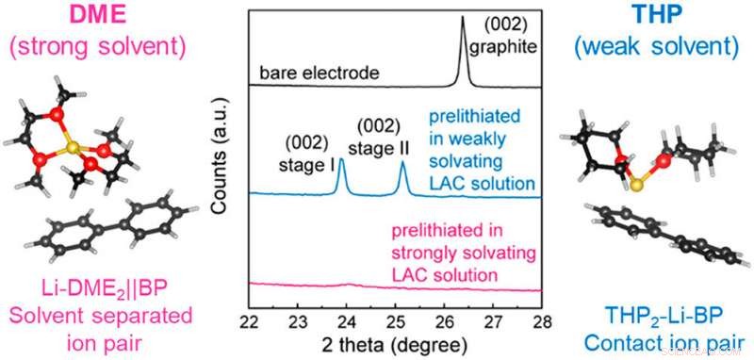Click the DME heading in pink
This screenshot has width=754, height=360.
coord(99,17)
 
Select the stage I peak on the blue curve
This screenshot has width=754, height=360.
coord(341,162)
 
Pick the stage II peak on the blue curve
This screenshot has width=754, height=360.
coord(403,165)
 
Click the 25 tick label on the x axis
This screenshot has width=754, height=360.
coord(395,319)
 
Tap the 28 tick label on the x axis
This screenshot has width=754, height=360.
coord(540,319)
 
